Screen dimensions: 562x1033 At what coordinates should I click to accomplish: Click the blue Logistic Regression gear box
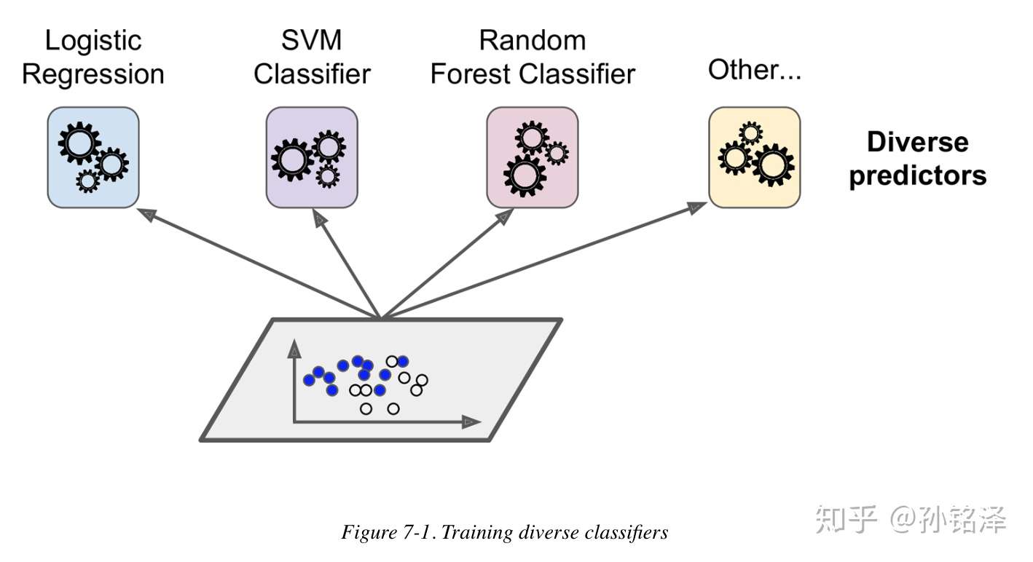93,157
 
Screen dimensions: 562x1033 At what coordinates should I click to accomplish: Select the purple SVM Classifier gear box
311,157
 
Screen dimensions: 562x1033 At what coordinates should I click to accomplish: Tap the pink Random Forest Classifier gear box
532,157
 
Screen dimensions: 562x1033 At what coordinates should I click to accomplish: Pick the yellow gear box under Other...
754,157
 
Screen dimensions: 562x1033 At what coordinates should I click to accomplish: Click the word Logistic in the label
93,40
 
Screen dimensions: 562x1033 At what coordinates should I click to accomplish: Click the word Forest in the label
471,74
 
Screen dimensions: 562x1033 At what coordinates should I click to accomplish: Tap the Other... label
754,70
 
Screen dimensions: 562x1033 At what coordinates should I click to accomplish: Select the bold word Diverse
917,141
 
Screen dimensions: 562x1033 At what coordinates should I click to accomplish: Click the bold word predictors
917,175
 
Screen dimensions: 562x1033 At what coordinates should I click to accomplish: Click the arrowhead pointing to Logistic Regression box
148,213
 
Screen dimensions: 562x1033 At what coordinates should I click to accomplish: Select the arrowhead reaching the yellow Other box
696,208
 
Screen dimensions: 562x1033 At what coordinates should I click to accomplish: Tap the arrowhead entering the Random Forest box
501,217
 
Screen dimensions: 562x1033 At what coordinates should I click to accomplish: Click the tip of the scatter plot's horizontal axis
472,421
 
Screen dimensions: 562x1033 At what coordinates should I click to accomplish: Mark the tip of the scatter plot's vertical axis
294,351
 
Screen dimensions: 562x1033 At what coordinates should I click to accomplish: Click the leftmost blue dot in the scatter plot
309,379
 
